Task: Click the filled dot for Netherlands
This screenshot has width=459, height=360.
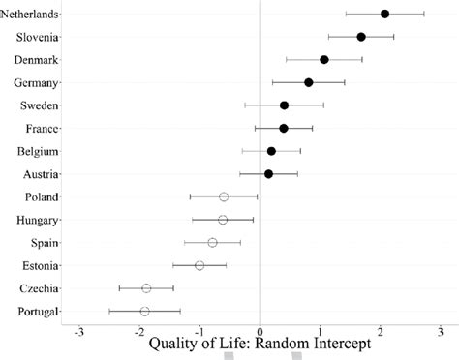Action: (x=384, y=14)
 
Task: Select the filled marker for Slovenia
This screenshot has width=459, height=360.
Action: (x=361, y=37)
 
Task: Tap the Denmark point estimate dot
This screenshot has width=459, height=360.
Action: (x=324, y=59)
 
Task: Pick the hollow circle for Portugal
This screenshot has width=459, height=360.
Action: (x=144, y=311)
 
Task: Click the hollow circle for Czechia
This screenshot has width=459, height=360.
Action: (x=146, y=288)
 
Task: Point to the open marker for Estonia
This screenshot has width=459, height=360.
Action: (x=199, y=265)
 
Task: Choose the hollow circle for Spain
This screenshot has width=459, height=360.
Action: (x=212, y=242)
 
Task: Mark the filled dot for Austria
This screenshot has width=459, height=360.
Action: (x=268, y=174)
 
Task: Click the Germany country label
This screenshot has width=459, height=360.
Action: (x=37, y=82)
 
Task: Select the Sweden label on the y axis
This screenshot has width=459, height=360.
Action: (x=40, y=105)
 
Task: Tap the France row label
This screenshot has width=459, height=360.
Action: (x=42, y=128)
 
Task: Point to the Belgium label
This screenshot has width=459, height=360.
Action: (x=39, y=151)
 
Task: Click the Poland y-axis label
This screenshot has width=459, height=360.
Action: (x=41, y=196)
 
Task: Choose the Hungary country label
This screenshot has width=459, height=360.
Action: (x=38, y=220)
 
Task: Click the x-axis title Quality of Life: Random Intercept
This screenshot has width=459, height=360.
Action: (x=259, y=345)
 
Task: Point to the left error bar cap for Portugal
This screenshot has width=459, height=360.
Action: (x=109, y=311)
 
